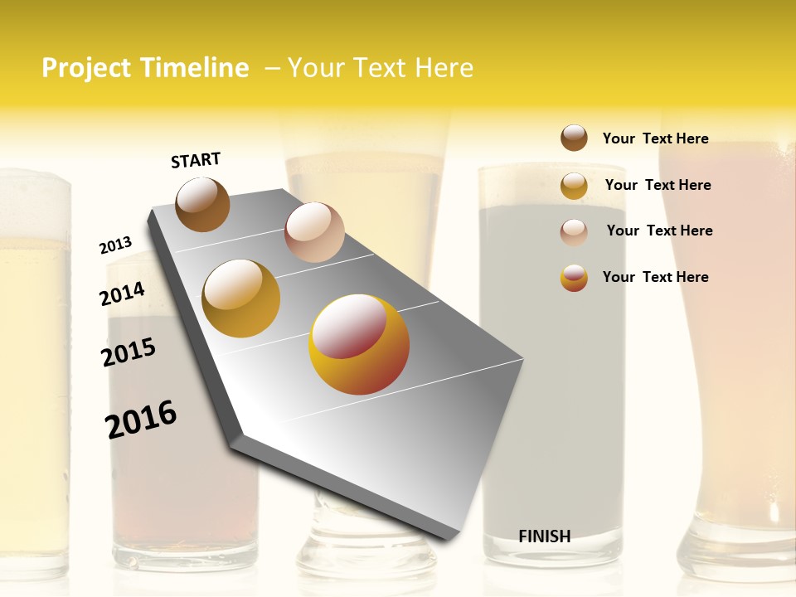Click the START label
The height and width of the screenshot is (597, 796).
click(x=196, y=160)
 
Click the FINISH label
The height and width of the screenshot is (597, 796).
click(x=544, y=536)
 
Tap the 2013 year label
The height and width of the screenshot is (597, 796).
click(x=115, y=245)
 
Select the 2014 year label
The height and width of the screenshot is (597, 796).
click(x=122, y=294)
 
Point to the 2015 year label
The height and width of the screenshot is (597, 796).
click(x=129, y=352)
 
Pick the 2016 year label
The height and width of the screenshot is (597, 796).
click(x=142, y=419)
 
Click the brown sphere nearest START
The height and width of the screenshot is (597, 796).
click(x=202, y=204)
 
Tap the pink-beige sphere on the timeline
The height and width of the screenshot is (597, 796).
click(x=314, y=232)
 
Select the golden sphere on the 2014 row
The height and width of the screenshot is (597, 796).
click(x=241, y=298)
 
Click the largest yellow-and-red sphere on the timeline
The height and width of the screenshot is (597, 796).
click(x=359, y=344)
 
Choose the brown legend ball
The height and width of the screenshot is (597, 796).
click(x=574, y=138)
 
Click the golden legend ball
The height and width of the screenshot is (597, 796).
click(x=574, y=186)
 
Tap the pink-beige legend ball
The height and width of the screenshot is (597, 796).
click(x=574, y=232)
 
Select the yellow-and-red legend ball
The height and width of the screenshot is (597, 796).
click(x=574, y=278)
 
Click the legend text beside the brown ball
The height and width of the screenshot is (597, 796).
click(x=655, y=138)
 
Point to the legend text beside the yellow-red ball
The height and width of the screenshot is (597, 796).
click(x=655, y=277)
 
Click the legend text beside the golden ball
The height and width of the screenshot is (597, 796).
click(x=658, y=185)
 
